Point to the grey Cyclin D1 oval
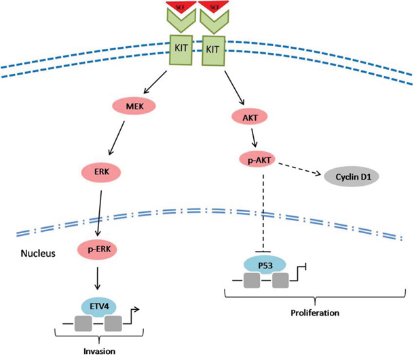pos(350,180)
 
